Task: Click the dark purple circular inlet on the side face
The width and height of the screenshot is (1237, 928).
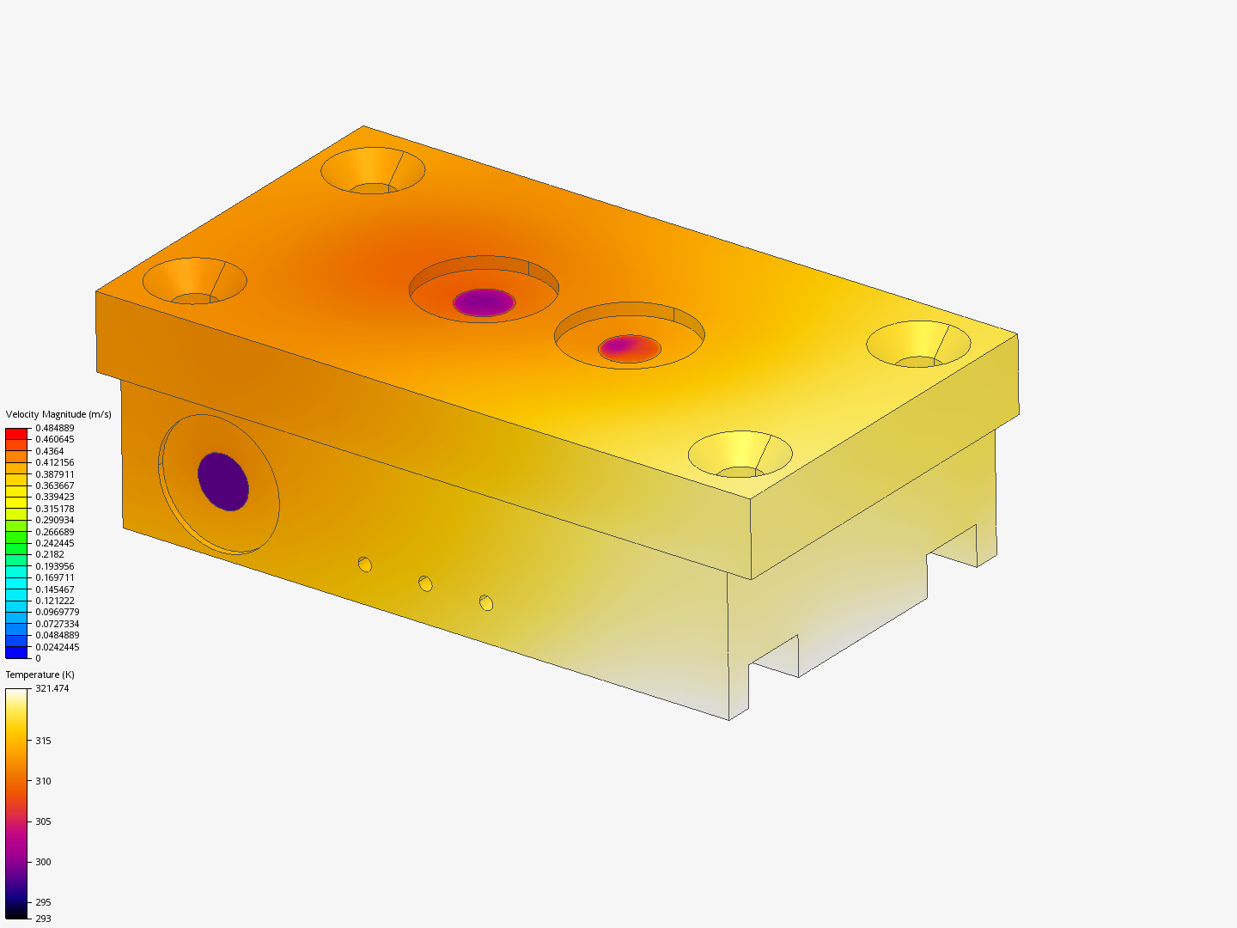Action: (x=223, y=481)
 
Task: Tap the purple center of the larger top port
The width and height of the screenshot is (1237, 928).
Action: (x=484, y=302)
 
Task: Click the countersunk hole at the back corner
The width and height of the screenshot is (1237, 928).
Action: (x=373, y=170)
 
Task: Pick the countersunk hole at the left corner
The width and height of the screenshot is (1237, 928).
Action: (x=195, y=281)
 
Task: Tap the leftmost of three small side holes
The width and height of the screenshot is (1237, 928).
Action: (x=365, y=565)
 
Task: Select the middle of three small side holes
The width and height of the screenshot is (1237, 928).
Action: (x=425, y=584)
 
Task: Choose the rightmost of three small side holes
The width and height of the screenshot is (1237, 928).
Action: (x=486, y=603)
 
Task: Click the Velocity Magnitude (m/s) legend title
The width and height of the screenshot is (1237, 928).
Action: (x=58, y=414)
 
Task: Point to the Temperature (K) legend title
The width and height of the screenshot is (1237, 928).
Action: (x=40, y=675)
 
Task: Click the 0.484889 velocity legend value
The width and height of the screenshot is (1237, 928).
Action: (x=54, y=428)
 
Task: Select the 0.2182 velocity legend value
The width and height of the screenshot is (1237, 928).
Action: (x=50, y=554)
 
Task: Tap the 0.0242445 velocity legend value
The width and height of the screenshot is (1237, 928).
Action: (x=57, y=647)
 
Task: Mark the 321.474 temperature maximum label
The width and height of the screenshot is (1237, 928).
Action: (x=52, y=688)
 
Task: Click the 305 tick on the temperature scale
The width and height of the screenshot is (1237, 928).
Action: (x=43, y=821)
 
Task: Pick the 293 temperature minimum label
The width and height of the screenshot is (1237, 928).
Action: (x=43, y=919)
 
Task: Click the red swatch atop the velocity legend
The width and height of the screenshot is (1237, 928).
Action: (x=16, y=434)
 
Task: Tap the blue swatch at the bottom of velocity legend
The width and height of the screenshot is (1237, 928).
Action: (x=16, y=653)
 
